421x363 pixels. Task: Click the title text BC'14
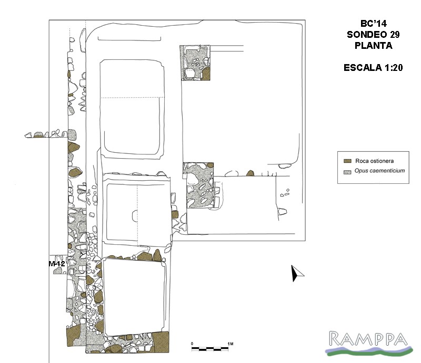tap(373, 24)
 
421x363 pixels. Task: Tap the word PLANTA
tap(374, 46)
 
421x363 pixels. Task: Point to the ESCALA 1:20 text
tap(373, 68)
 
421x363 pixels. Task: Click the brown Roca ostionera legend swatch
tap(347, 161)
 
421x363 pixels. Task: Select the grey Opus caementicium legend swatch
tap(347, 172)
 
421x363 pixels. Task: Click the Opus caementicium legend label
tap(379, 171)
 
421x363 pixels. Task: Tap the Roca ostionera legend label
tap(374, 161)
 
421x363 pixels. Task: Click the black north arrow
tap(296, 274)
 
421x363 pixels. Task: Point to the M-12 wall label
tap(57, 264)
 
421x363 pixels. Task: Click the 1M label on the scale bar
tap(230, 344)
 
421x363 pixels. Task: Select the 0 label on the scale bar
tap(192, 344)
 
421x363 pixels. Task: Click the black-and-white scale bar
tap(210, 349)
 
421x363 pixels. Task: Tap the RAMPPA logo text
tap(368, 339)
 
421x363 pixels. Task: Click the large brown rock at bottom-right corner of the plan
tap(161, 342)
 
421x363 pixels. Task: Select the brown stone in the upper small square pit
tap(206, 74)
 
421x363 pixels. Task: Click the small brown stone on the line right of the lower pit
tap(250, 173)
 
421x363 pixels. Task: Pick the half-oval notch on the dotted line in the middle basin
tap(135, 216)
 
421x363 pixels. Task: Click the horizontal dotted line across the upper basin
tap(133, 98)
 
